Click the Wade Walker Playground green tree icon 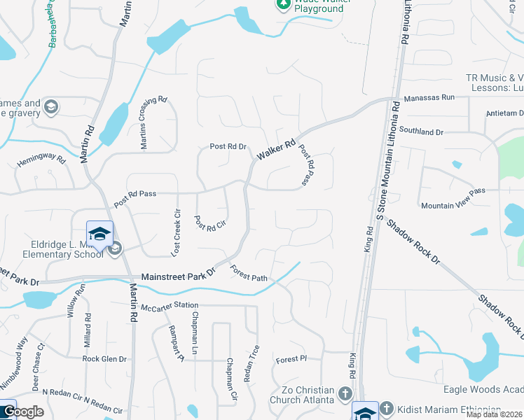283,3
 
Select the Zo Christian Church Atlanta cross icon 345,394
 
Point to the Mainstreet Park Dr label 179,276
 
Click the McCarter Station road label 169,306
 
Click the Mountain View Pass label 453,206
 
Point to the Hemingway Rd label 41,162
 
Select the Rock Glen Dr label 104,359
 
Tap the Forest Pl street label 291,359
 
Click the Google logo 24,412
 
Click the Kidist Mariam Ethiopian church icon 391,409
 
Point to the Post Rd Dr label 228,147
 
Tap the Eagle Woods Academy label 483,389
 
